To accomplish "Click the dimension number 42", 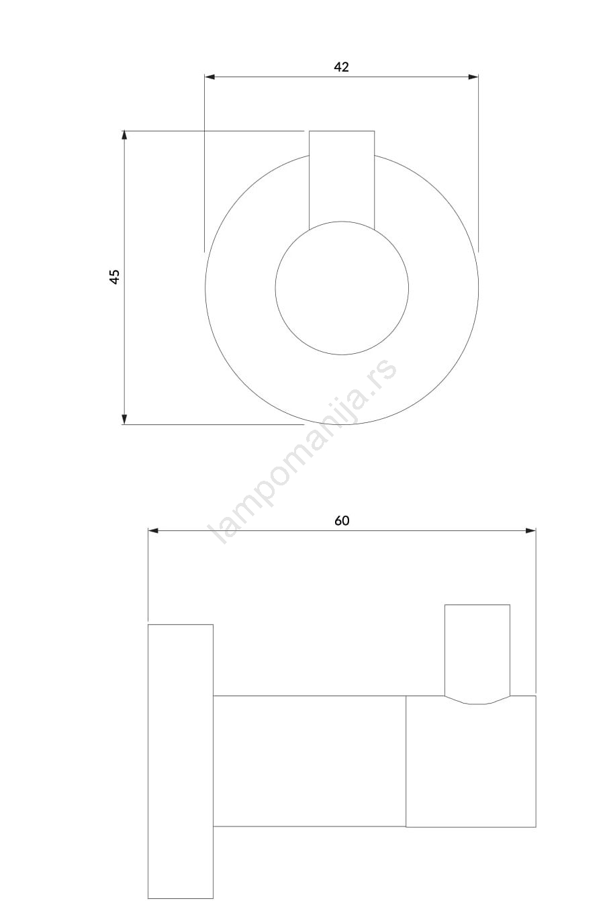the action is [341, 66].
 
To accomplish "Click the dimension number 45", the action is [115, 277].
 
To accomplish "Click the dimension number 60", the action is [342, 521].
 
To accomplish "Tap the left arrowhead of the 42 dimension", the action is [209, 77].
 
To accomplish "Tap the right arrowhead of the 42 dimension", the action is [473, 77].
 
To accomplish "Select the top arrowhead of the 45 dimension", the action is [124, 136].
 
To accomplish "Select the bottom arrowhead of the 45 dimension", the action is [124, 419].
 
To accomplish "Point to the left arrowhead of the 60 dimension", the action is [153, 531].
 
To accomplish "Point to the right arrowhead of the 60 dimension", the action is [530, 531].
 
